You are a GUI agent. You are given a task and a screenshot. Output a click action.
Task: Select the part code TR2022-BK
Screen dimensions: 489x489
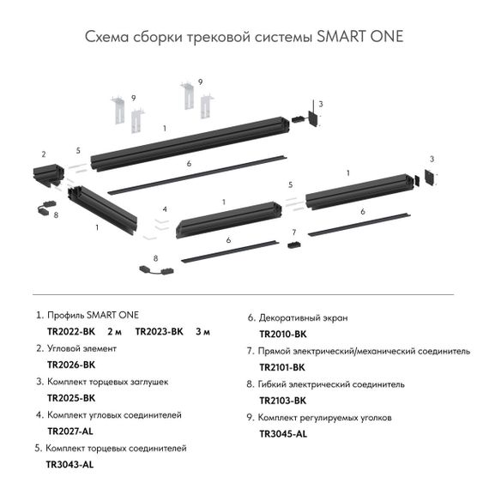(x=71, y=331)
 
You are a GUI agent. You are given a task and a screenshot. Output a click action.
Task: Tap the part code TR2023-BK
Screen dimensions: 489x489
(x=160, y=331)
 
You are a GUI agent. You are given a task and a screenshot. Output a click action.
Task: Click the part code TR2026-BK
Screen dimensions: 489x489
(x=71, y=365)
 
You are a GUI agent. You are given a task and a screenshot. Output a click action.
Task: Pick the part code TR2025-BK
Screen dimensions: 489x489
(x=71, y=398)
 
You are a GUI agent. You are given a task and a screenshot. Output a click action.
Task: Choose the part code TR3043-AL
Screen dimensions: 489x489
(x=69, y=464)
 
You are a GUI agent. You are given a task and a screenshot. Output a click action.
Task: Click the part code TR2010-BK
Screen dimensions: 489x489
(x=282, y=333)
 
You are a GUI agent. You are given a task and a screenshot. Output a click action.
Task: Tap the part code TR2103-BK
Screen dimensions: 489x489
(x=282, y=400)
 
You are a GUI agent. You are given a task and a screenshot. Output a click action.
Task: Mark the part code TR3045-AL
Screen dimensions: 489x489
(x=282, y=433)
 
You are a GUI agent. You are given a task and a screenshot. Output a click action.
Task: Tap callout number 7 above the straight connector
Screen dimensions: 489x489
(x=293, y=232)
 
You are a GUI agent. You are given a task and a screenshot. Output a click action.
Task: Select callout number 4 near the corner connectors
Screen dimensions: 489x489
(x=165, y=209)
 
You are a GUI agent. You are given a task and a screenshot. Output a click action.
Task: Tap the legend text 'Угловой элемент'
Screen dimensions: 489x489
(x=86, y=349)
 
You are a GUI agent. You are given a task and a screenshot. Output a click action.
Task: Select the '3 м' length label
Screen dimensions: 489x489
(x=203, y=331)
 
